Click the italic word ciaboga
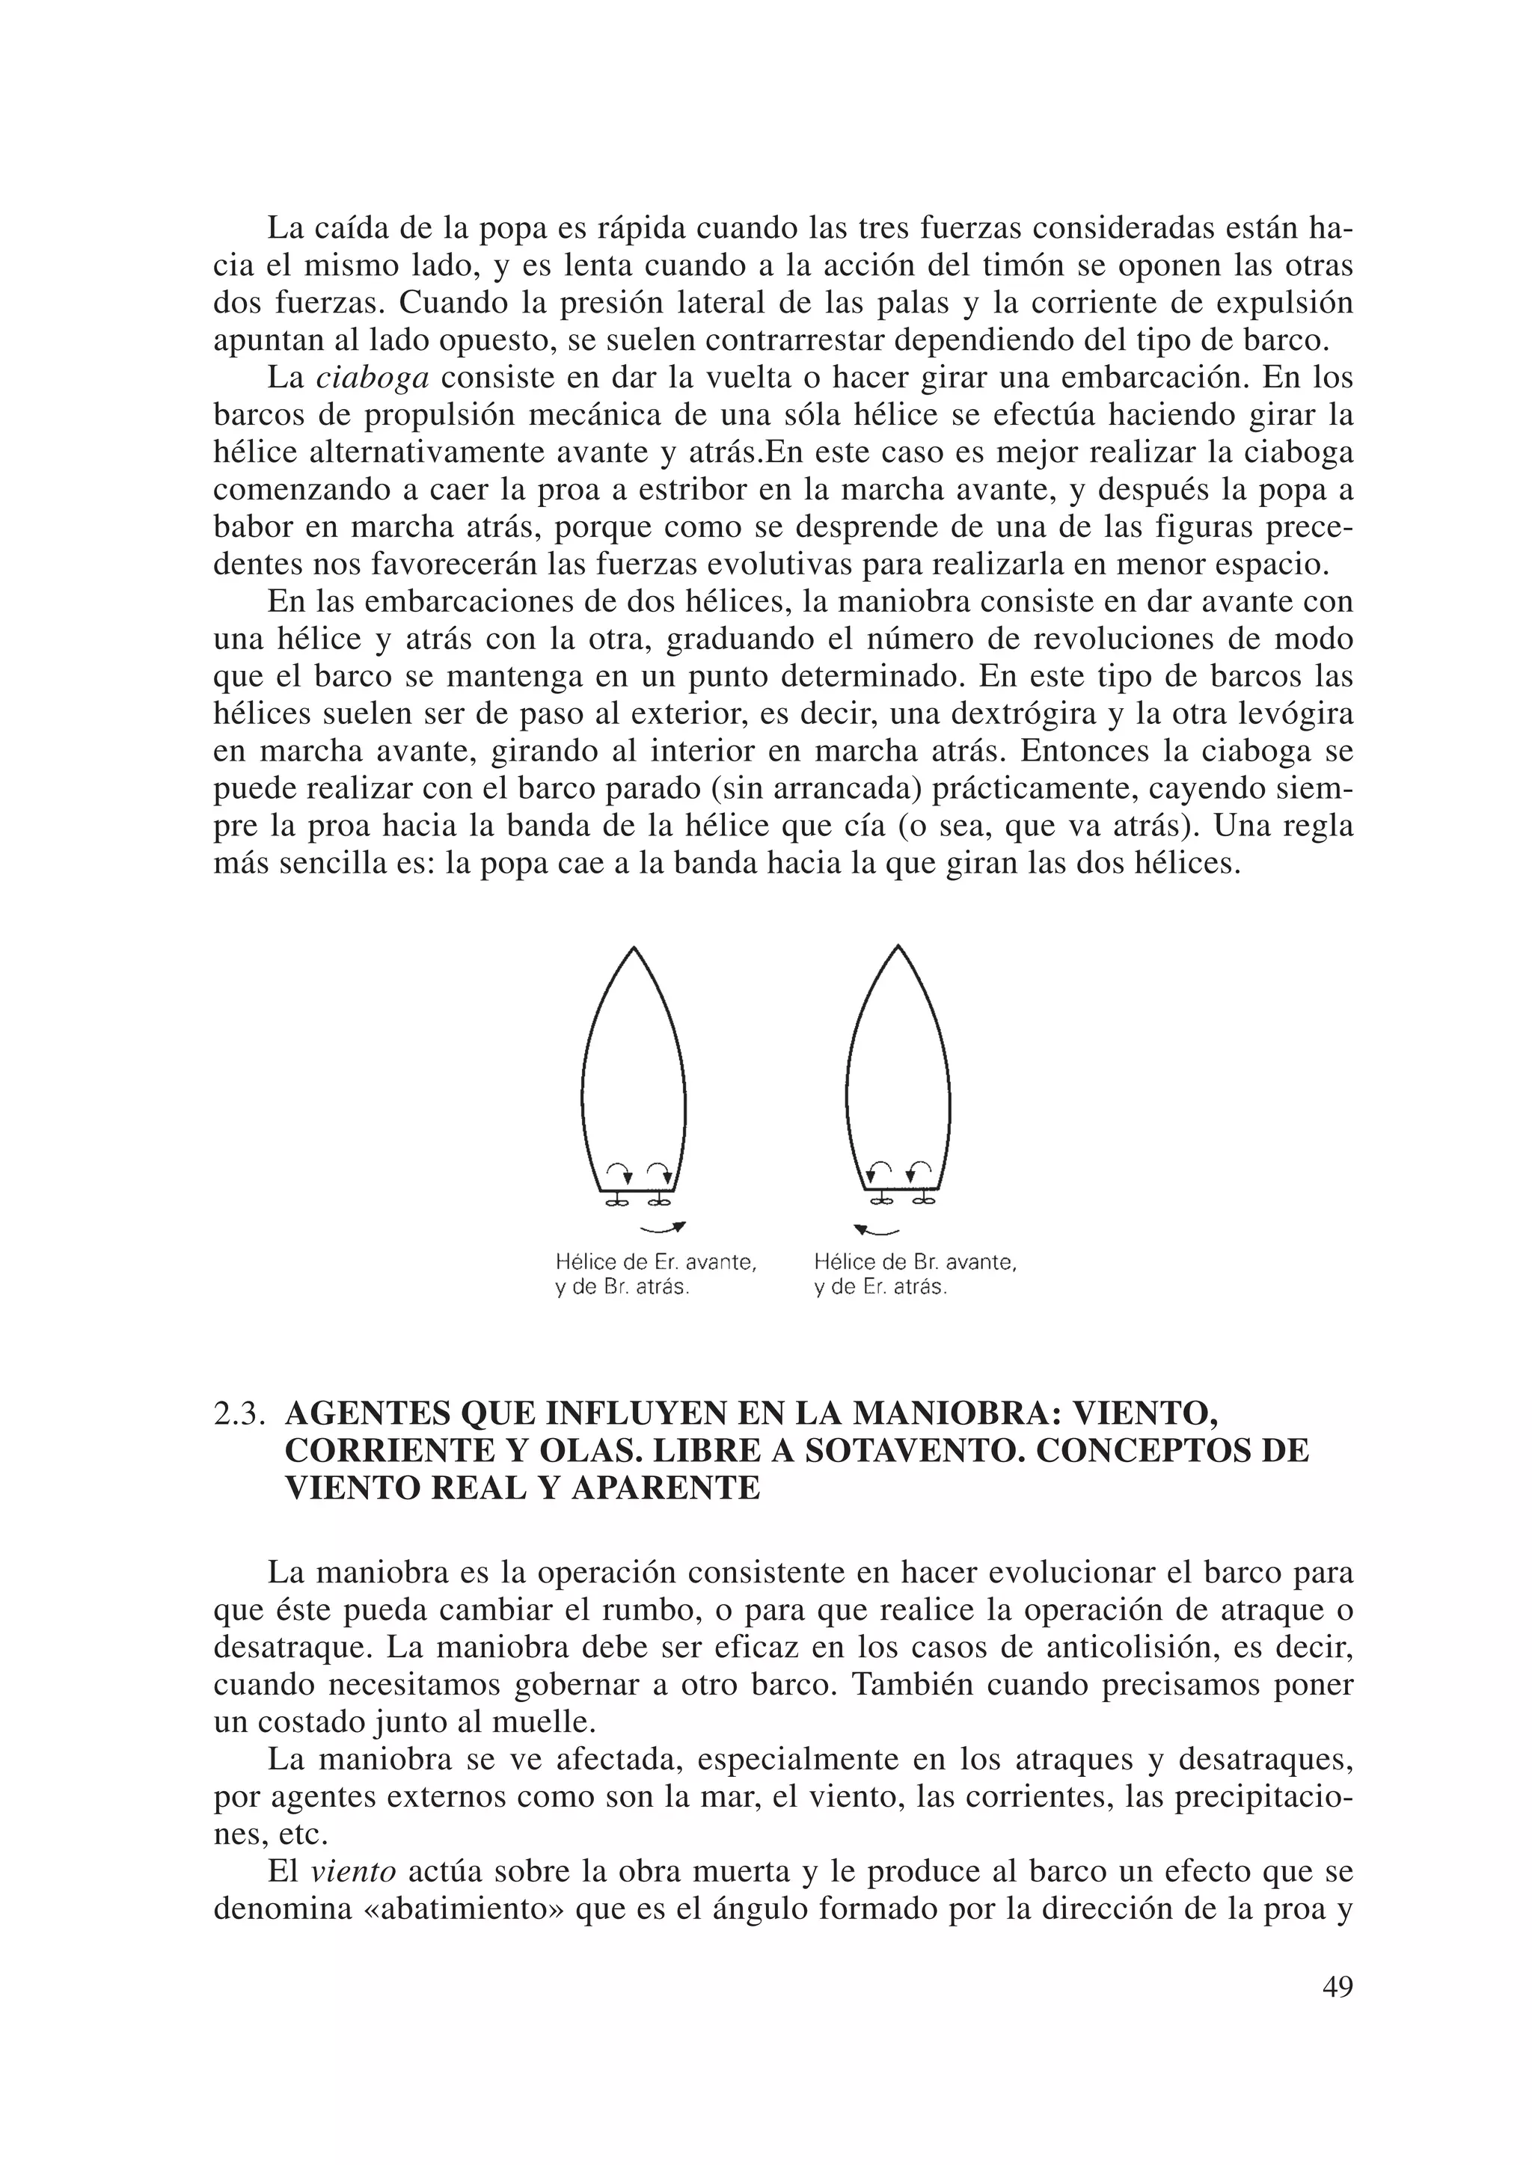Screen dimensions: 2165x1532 point(372,378)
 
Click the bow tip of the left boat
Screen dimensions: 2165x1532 point(634,948)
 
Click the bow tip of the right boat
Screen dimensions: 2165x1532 point(898,946)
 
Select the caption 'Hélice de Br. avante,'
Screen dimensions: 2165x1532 point(914,1262)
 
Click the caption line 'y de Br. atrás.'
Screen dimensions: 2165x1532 point(622,1287)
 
